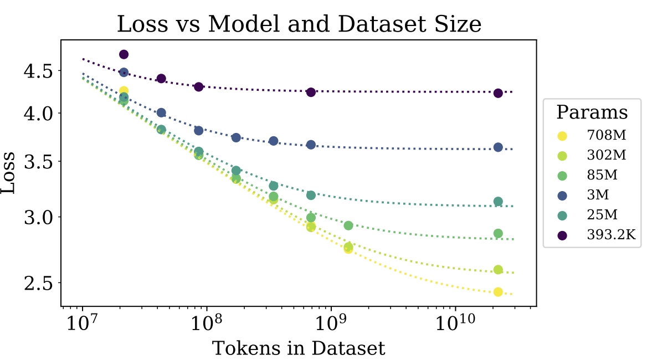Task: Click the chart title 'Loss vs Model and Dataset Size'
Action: coord(299,24)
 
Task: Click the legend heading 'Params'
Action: coord(592,112)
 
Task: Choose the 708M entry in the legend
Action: coord(607,135)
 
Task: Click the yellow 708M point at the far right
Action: coord(498,292)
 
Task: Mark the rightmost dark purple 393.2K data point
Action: coord(498,93)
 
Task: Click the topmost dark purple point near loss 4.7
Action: coord(124,54)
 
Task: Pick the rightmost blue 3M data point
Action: coord(498,147)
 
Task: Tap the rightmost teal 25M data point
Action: coord(498,202)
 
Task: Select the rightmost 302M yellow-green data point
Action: coord(498,270)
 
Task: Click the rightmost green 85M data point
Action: coord(498,234)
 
